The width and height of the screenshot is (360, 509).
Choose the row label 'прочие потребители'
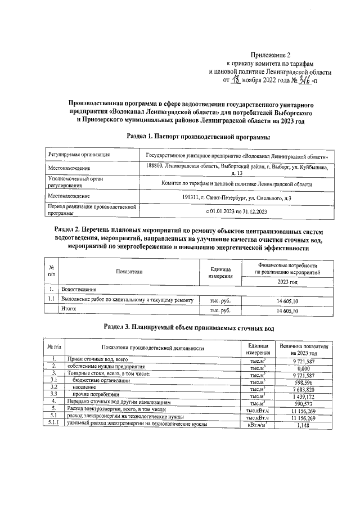coord(97,396)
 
